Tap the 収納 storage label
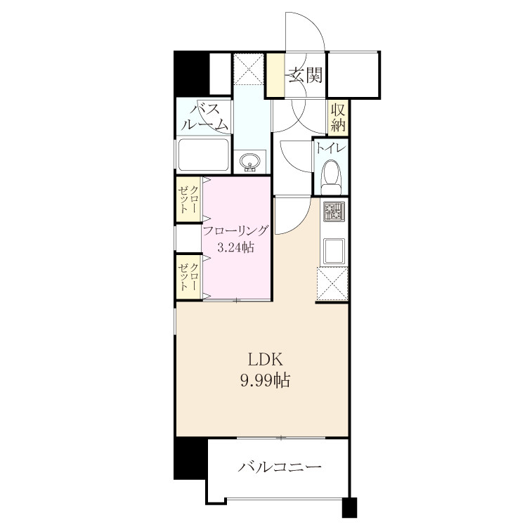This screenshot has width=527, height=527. (338, 117)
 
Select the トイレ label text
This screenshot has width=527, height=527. (331, 148)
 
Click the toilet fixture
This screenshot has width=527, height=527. (331, 176)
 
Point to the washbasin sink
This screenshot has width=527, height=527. (249, 162)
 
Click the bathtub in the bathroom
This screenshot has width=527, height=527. (204, 155)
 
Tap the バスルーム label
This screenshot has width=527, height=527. (204, 117)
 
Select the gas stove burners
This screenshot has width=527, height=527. (334, 212)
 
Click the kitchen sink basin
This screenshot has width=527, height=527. (334, 251)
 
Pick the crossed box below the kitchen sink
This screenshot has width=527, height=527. (332, 284)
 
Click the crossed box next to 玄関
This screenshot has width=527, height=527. (248, 70)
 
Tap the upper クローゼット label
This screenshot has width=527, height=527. (188, 200)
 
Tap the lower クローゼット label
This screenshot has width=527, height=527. (188, 277)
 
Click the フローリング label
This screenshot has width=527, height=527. (235, 231)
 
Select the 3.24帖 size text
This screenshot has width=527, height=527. (235, 248)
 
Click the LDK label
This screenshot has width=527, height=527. (265, 360)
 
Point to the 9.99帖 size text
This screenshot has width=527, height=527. (265, 381)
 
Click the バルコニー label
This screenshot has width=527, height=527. (280, 467)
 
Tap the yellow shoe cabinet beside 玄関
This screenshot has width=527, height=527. (275, 74)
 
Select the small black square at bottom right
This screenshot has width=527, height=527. (349, 507)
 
